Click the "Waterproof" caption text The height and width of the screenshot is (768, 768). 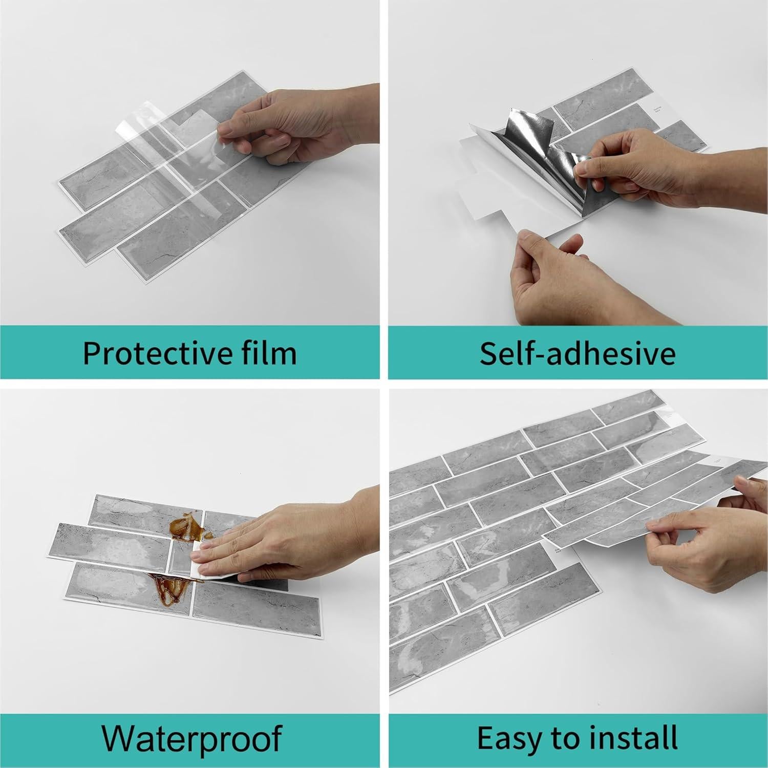point(191,738)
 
